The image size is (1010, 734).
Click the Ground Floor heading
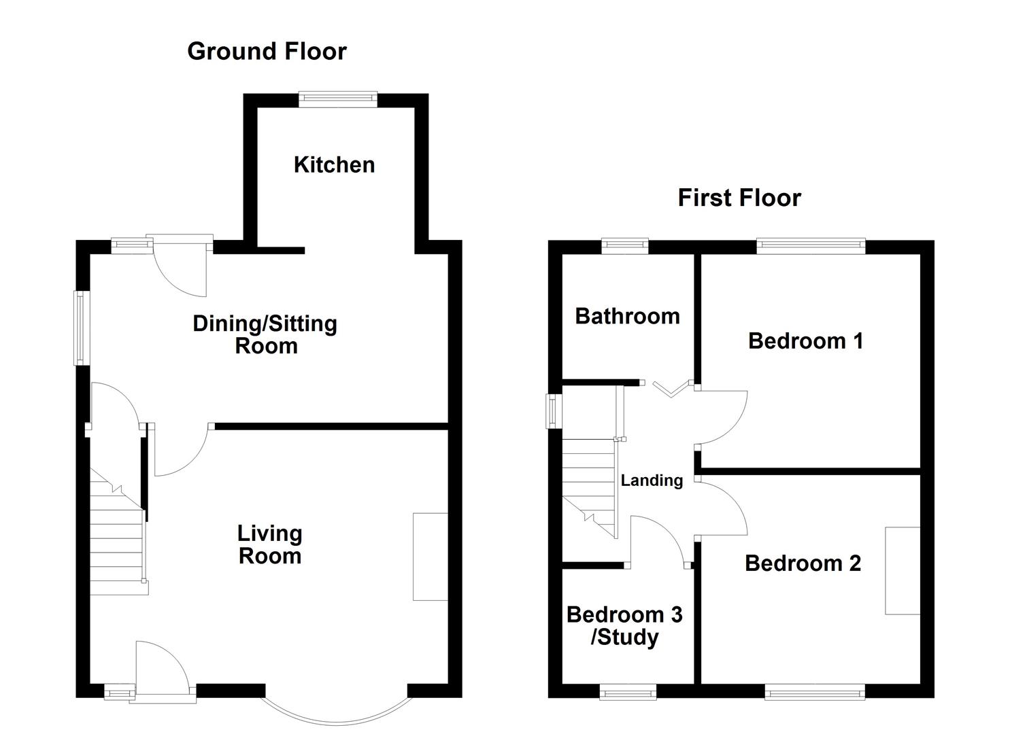click(267, 52)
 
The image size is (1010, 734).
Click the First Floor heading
click(739, 198)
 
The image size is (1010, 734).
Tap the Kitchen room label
click(334, 165)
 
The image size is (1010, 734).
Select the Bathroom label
click(627, 316)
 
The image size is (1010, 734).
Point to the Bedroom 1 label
click(806, 341)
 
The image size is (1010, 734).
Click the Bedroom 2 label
click(803, 563)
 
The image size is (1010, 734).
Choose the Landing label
click(652, 480)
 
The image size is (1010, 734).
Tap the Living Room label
click(269, 545)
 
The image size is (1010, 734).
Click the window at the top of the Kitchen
click(338, 99)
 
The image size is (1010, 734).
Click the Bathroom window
click(625, 246)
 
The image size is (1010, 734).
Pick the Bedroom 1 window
click(811, 246)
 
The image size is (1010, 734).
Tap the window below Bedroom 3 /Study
click(628, 692)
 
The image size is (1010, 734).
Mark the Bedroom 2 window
click(815, 692)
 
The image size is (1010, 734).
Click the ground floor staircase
click(118, 531)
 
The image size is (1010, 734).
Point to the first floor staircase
click(590, 489)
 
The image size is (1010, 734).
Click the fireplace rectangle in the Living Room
click(431, 557)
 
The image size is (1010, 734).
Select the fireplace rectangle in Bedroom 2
click(903, 571)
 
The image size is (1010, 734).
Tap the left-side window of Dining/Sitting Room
click(82, 328)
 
